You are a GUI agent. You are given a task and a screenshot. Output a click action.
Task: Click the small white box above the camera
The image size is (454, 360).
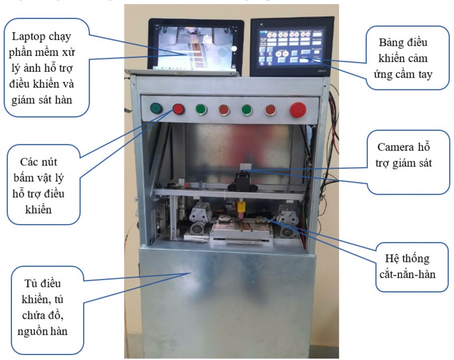[245, 167]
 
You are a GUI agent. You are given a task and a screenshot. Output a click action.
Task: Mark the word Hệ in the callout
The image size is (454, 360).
[393, 259]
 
